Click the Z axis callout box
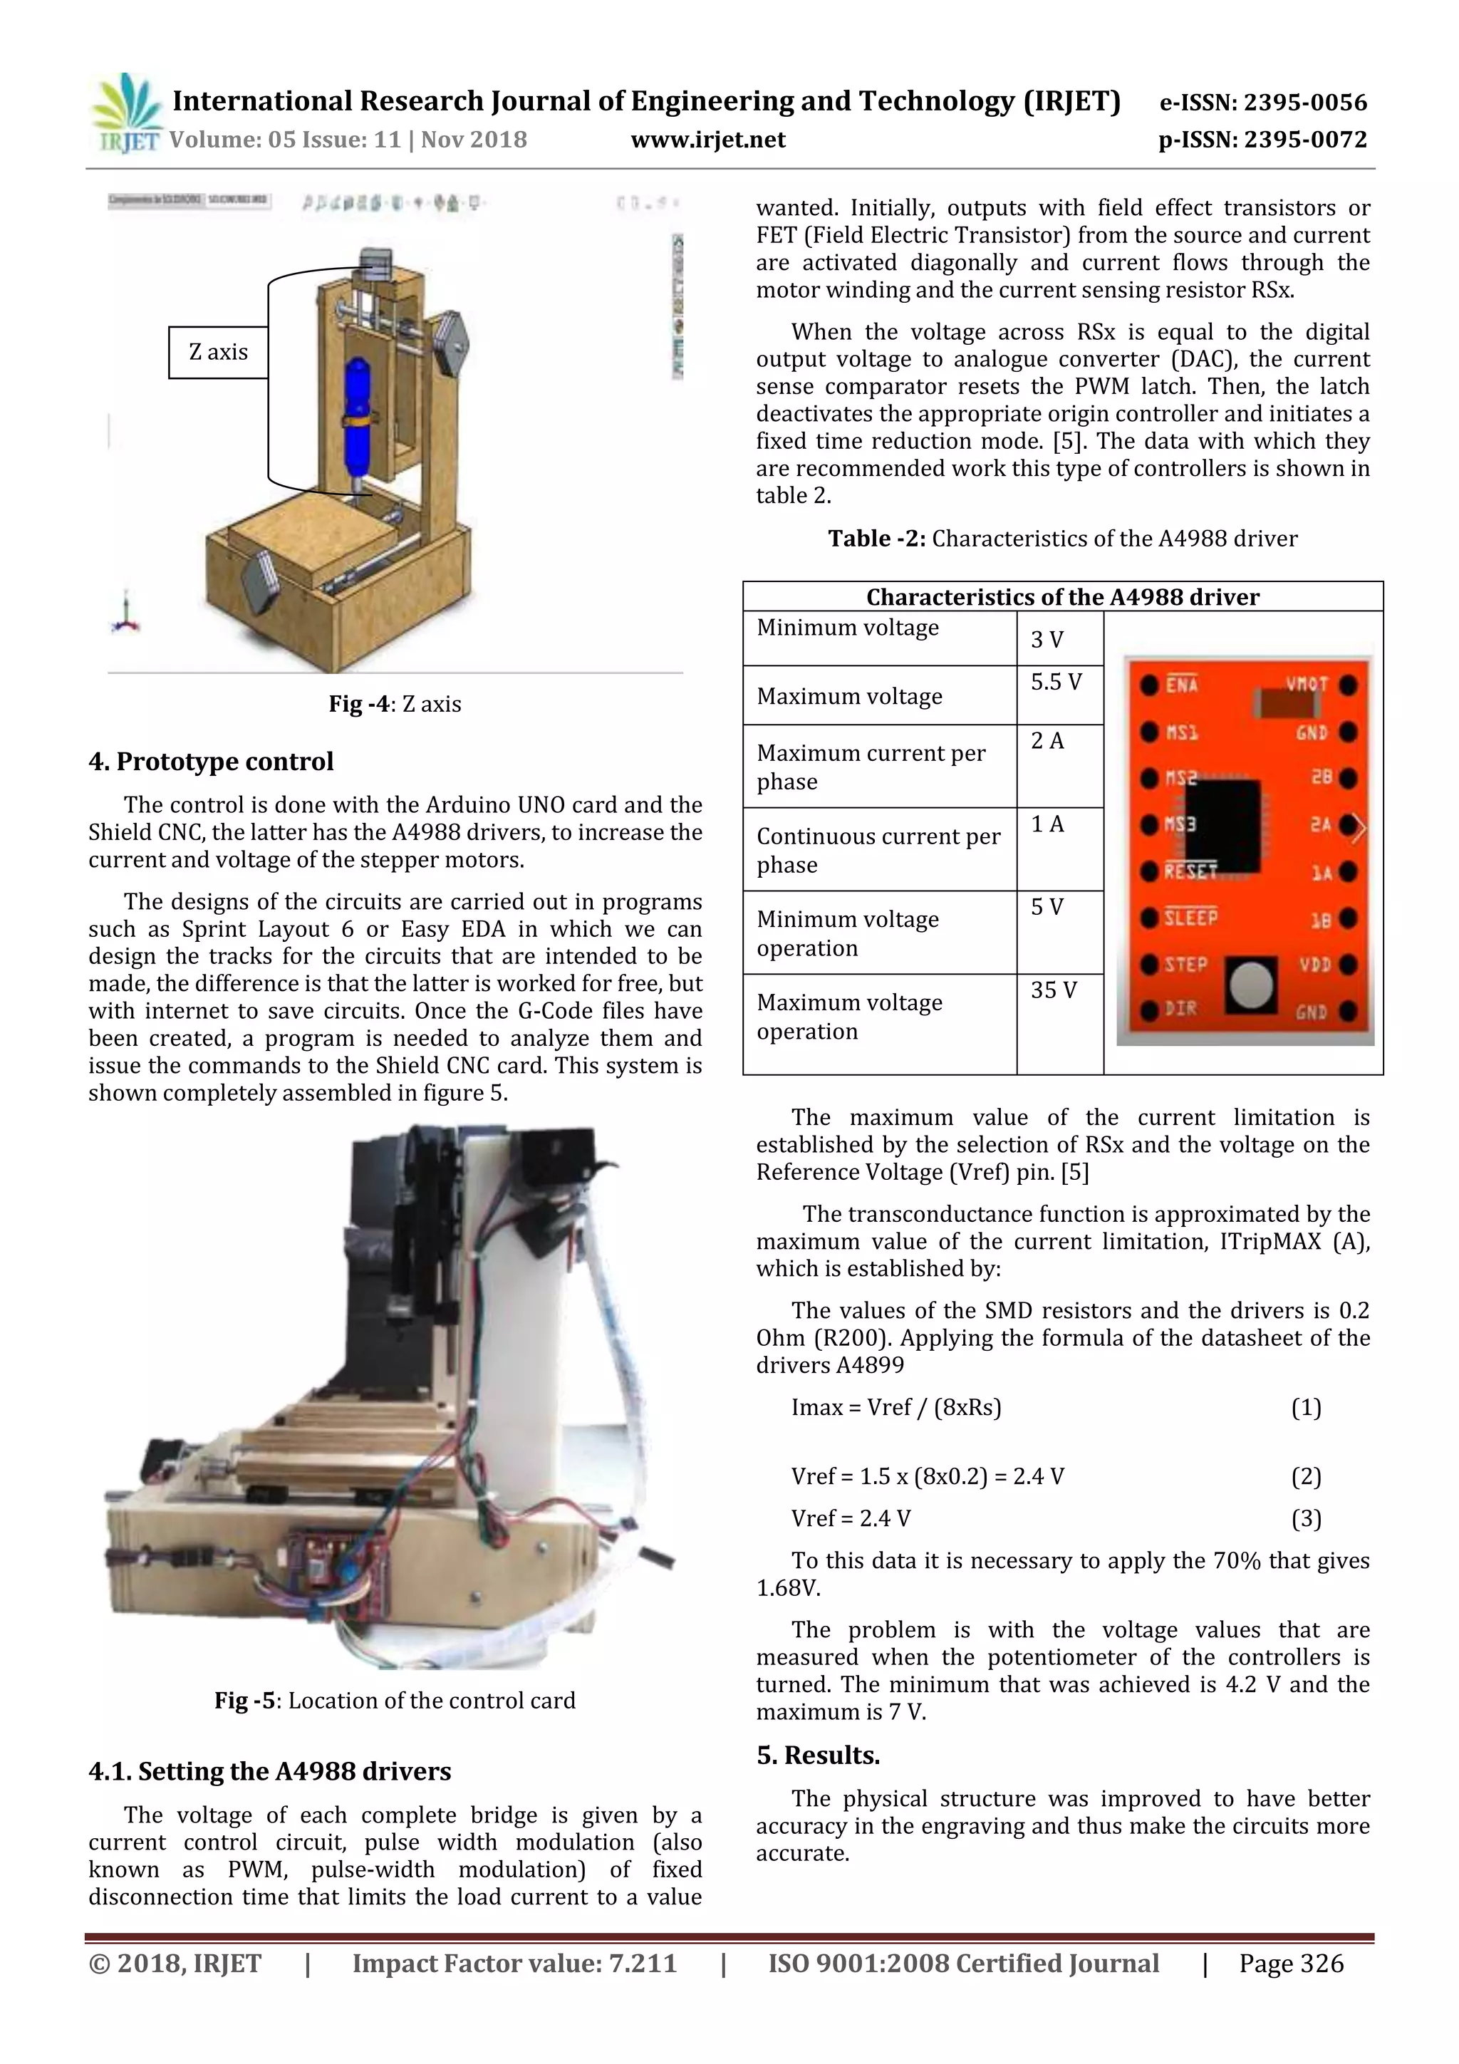219,353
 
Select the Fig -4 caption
395,704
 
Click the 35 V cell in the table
1054,990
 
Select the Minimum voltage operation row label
848,933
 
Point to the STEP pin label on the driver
1187,965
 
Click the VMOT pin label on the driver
1306,684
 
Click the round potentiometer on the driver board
1252,985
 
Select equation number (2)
1305,1476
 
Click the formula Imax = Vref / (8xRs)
895,1408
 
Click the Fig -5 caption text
395,1701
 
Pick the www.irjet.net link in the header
707,140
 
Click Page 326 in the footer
1291,1964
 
